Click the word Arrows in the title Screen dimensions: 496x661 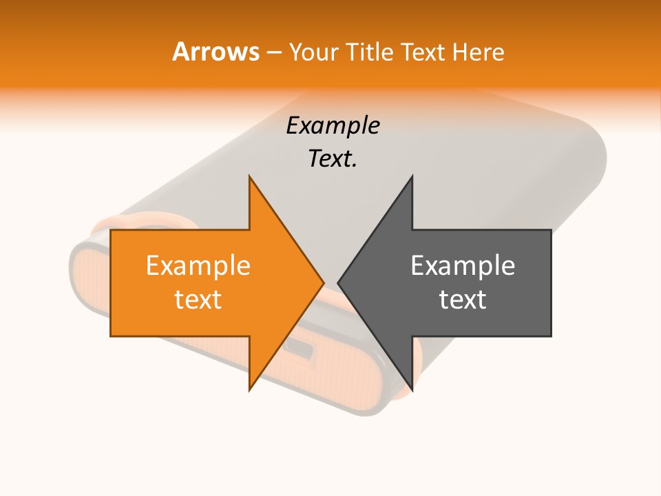216,52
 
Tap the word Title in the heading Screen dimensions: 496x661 372,52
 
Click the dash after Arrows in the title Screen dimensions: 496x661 273,52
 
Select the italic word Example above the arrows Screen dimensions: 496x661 333,125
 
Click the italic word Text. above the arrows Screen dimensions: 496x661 333,159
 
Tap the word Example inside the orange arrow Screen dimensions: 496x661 198,265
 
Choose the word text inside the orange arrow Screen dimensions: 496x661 198,300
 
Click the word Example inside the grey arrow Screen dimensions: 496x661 463,265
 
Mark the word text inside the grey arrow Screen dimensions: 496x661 463,300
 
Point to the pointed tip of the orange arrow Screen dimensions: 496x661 323,282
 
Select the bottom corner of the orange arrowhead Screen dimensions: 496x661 250,390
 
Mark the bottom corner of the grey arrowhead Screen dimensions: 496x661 412,390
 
